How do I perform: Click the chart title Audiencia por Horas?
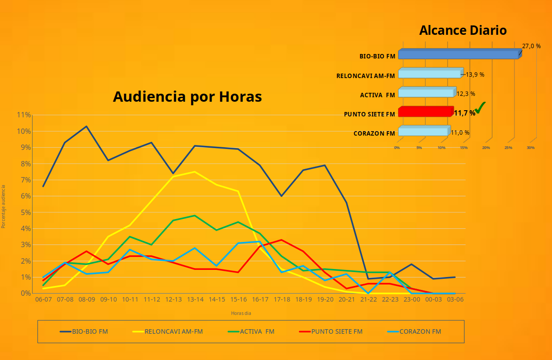[187, 97]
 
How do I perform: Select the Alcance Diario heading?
[463, 30]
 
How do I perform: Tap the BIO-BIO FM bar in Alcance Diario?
[458, 54]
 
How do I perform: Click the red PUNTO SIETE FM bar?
[425, 112]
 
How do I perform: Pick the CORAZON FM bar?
[423, 132]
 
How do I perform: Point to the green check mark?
[480, 108]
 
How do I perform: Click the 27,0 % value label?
[531, 46]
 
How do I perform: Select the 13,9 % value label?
[475, 74]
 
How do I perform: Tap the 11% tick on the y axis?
[24, 115]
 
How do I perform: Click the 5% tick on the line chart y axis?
[25, 212]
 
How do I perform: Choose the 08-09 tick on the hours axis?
[87, 300]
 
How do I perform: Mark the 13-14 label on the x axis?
[195, 300]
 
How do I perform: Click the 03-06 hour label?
[455, 300]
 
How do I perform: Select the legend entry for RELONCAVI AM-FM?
[173, 331]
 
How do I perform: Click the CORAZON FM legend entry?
[420, 331]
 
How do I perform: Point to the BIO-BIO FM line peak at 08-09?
[87, 126]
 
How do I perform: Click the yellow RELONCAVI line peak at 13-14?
[195, 172]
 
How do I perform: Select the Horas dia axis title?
[241, 313]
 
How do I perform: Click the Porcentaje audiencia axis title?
[4, 207]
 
